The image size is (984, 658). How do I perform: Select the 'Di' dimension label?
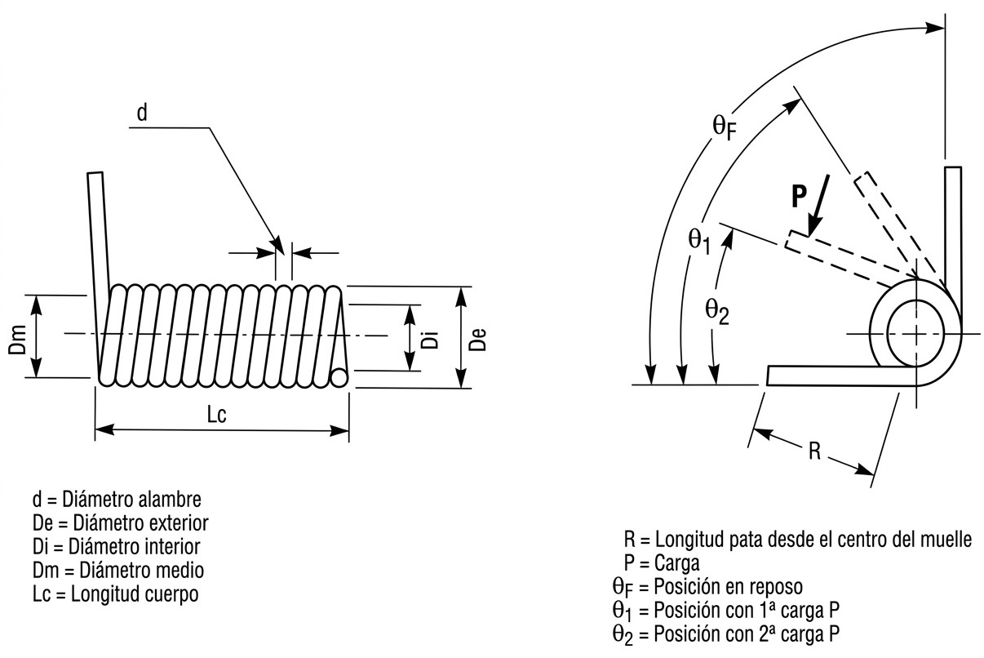point(431,337)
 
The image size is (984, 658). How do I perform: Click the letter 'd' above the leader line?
point(141,113)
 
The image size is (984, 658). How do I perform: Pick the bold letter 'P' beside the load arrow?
point(800,196)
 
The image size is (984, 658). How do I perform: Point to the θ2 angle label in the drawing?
point(717,311)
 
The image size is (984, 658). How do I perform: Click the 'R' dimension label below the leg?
point(813,451)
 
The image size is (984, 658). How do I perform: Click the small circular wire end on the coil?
point(339,376)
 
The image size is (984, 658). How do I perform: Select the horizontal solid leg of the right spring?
point(840,376)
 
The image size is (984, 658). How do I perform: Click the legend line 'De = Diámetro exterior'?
point(119,521)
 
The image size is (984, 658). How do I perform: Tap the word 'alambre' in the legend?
point(172,497)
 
